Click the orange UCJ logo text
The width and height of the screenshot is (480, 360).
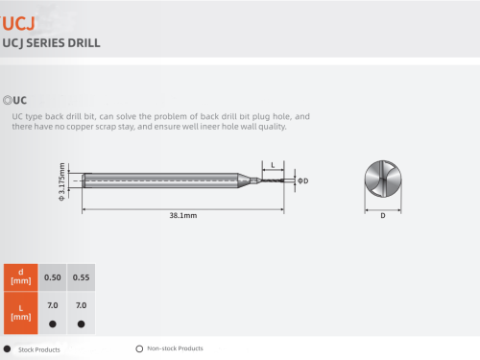click(x=17, y=23)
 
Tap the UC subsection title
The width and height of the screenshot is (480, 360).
click(x=20, y=101)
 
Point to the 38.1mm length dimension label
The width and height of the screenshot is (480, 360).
click(x=183, y=215)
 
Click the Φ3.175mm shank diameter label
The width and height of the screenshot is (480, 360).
click(x=61, y=181)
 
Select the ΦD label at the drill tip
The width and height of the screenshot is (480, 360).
click(x=303, y=180)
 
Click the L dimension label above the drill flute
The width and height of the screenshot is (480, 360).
click(x=273, y=165)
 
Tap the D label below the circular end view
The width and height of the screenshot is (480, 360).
click(x=383, y=216)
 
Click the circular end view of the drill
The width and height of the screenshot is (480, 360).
click(x=383, y=179)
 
